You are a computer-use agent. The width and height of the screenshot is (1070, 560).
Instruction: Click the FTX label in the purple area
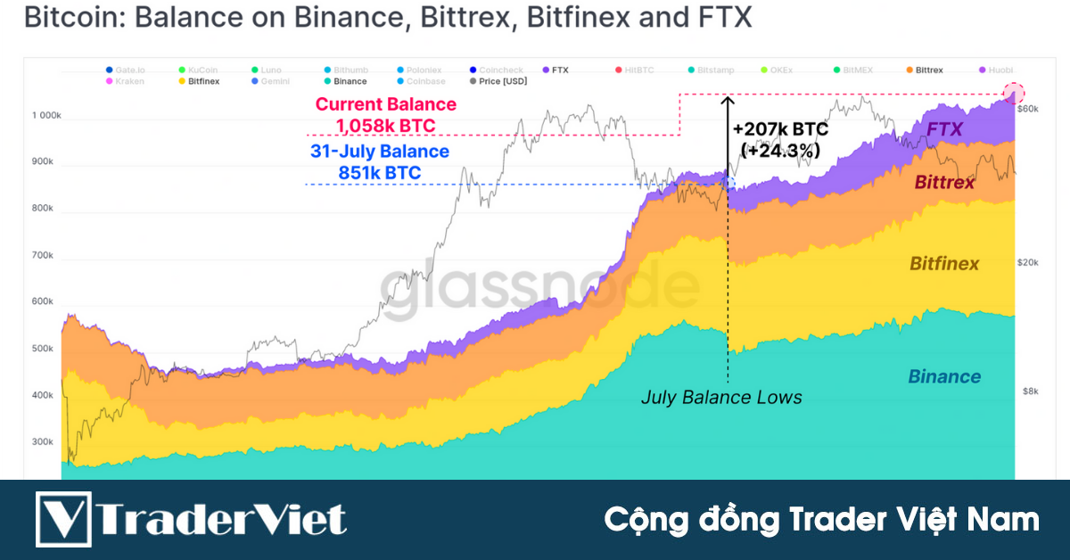[944, 129]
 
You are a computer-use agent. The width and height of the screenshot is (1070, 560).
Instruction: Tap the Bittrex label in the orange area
[944, 183]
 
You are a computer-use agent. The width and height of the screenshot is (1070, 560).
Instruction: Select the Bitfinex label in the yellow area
[944, 263]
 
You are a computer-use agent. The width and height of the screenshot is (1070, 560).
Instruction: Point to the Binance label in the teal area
[944, 376]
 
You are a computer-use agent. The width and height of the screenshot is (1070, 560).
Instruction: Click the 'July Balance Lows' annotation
[721, 398]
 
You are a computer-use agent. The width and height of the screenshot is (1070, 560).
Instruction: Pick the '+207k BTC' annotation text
[780, 130]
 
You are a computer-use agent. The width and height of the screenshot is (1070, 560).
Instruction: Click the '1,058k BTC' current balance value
[385, 126]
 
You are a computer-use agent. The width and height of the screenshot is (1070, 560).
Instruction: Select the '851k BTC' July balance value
[379, 173]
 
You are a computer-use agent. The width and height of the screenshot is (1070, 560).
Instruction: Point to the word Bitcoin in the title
[63, 18]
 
